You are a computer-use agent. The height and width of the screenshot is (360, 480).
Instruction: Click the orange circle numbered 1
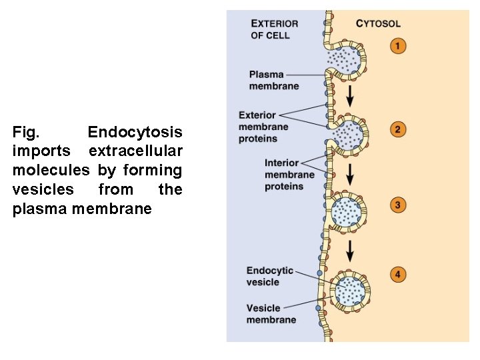click(x=397, y=46)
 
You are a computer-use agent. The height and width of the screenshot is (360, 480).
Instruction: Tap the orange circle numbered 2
click(x=397, y=129)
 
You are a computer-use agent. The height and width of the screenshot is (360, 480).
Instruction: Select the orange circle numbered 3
click(x=397, y=205)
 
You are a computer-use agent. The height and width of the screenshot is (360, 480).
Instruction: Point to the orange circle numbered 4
click(x=398, y=274)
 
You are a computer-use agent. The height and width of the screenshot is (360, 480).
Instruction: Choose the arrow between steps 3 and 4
click(x=349, y=250)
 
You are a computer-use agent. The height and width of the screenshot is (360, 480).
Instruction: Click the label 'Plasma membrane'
click(x=274, y=80)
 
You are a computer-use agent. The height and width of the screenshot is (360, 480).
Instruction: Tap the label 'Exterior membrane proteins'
click(x=263, y=127)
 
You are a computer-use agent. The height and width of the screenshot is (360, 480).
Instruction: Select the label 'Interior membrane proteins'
click(x=289, y=175)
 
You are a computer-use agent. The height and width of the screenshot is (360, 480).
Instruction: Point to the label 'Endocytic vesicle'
click(x=269, y=276)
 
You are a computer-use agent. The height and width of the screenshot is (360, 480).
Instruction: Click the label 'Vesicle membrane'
click(x=271, y=314)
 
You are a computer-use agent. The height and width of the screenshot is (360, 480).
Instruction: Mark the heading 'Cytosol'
click(x=378, y=23)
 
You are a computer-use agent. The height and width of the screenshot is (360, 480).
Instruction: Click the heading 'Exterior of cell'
click(x=274, y=29)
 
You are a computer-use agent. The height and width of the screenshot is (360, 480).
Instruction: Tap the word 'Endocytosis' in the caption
click(x=135, y=132)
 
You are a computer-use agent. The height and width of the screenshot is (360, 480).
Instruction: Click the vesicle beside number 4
click(x=351, y=289)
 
